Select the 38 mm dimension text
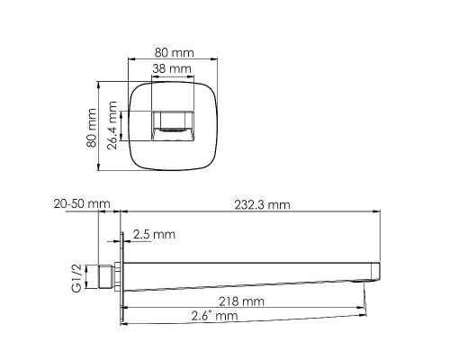171,68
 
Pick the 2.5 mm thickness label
154,235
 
